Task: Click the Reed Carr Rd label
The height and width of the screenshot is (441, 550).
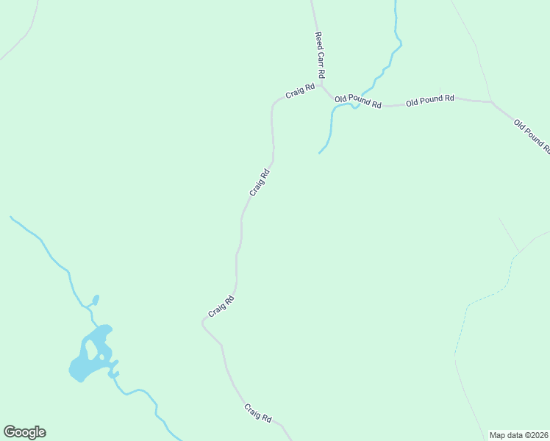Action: (x=320, y=55)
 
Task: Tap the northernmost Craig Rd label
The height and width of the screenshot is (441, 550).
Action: (x=300, y=92)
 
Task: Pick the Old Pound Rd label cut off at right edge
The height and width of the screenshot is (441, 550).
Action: (x=532, y=136)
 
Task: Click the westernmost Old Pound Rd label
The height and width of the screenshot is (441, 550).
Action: (x=358, y=101)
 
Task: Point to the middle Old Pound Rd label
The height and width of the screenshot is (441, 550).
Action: (x=430, y=100)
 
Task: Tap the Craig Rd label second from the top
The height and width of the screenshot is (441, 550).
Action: (x=260, y=182)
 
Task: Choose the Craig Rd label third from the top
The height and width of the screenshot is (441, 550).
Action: (x=221, y=306)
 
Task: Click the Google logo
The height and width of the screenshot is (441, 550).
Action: (x=24, y=432)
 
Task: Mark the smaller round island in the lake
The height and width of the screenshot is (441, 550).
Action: (x=101, y=357)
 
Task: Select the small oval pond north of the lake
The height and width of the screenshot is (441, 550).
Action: (x=95, y=300)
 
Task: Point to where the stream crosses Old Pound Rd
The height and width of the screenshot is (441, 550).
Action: (x=354, y=106)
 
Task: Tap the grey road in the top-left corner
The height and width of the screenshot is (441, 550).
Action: (x=22, y=40)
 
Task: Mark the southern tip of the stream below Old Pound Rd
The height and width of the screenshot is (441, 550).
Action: (x=319, y=153)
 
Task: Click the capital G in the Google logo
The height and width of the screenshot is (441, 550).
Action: (x=10, y=432)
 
